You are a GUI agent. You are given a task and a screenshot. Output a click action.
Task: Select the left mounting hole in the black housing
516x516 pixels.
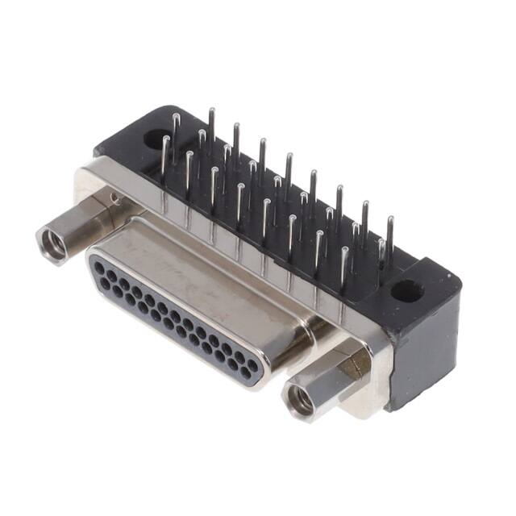point(153,138)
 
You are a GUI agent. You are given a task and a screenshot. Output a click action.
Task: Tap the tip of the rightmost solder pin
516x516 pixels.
point(390,218)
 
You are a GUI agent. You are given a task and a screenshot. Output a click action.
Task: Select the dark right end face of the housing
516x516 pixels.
point(423,347)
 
